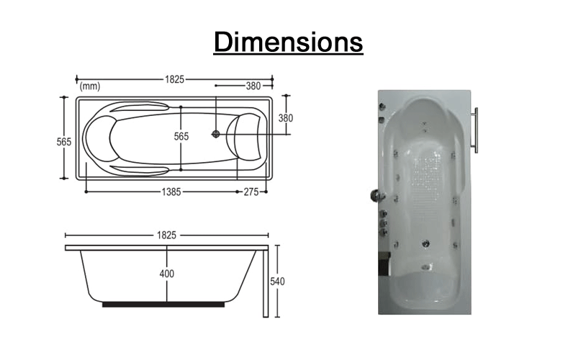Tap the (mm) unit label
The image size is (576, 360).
pos(90,86)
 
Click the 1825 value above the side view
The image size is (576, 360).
pos(167,235)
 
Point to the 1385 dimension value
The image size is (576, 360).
pos(171,192)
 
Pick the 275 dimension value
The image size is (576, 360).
pos(251,192)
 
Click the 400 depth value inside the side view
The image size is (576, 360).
pos(167,274)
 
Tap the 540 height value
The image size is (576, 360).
pos(276,281)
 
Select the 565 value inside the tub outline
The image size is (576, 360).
pos(181,136)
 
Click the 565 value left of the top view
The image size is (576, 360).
pos(64,142)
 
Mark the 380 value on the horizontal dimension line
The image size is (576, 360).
pos(253,86)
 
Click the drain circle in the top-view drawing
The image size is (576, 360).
pos(215,133)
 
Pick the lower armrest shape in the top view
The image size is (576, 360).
pos(140,169)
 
